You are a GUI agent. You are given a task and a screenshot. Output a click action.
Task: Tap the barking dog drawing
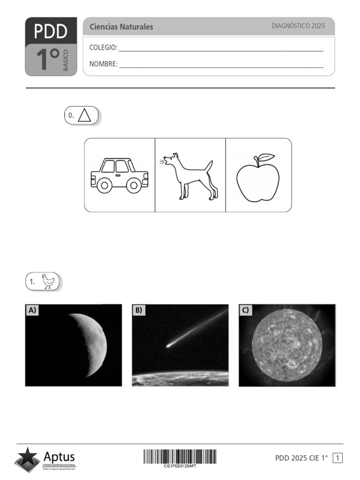pos(190,176)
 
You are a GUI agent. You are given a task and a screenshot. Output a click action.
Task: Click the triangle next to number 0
pos(85,115)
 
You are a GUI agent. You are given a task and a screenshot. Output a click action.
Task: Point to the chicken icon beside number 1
pos(48,281)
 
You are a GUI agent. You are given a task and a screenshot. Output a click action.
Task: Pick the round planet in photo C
pos(287,346)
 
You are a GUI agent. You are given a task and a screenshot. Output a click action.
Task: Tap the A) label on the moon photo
pos(32,310)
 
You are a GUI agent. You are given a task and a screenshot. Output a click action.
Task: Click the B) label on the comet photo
pos(139,310)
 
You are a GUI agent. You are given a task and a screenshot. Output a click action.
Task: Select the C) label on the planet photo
pos(246,310)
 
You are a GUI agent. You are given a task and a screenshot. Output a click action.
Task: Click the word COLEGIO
pos(103,47)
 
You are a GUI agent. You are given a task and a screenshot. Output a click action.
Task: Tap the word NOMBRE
pos(103,64)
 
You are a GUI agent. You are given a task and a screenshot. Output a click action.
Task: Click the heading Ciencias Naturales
pos(121,27)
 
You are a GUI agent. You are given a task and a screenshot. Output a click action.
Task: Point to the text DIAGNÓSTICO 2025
pos(298,26)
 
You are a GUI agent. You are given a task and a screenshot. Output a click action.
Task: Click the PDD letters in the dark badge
pos(51,31)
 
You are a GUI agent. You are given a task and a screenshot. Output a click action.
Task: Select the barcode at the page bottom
pos(180,457)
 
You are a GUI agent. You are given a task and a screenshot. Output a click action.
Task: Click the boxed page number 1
pos(337,458)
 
